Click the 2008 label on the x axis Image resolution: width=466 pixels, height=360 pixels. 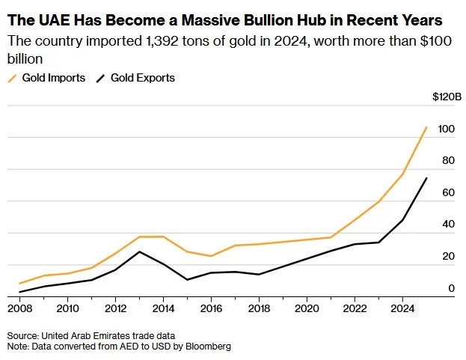pos(19,308)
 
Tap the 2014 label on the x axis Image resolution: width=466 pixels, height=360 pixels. pos(163,308)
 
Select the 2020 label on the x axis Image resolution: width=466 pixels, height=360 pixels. pos(307,308)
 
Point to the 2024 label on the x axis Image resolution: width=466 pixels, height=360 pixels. pos(402,308)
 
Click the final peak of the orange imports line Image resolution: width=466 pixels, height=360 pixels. pos(426,127)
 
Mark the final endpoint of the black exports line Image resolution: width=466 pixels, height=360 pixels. pos(426,178)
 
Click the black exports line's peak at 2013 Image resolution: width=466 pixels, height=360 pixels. pos(139,251)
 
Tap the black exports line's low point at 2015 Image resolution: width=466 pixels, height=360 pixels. pos(187,280)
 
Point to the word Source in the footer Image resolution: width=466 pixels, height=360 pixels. pos(22,335)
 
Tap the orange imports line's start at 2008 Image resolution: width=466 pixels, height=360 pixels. pos(19,284)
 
